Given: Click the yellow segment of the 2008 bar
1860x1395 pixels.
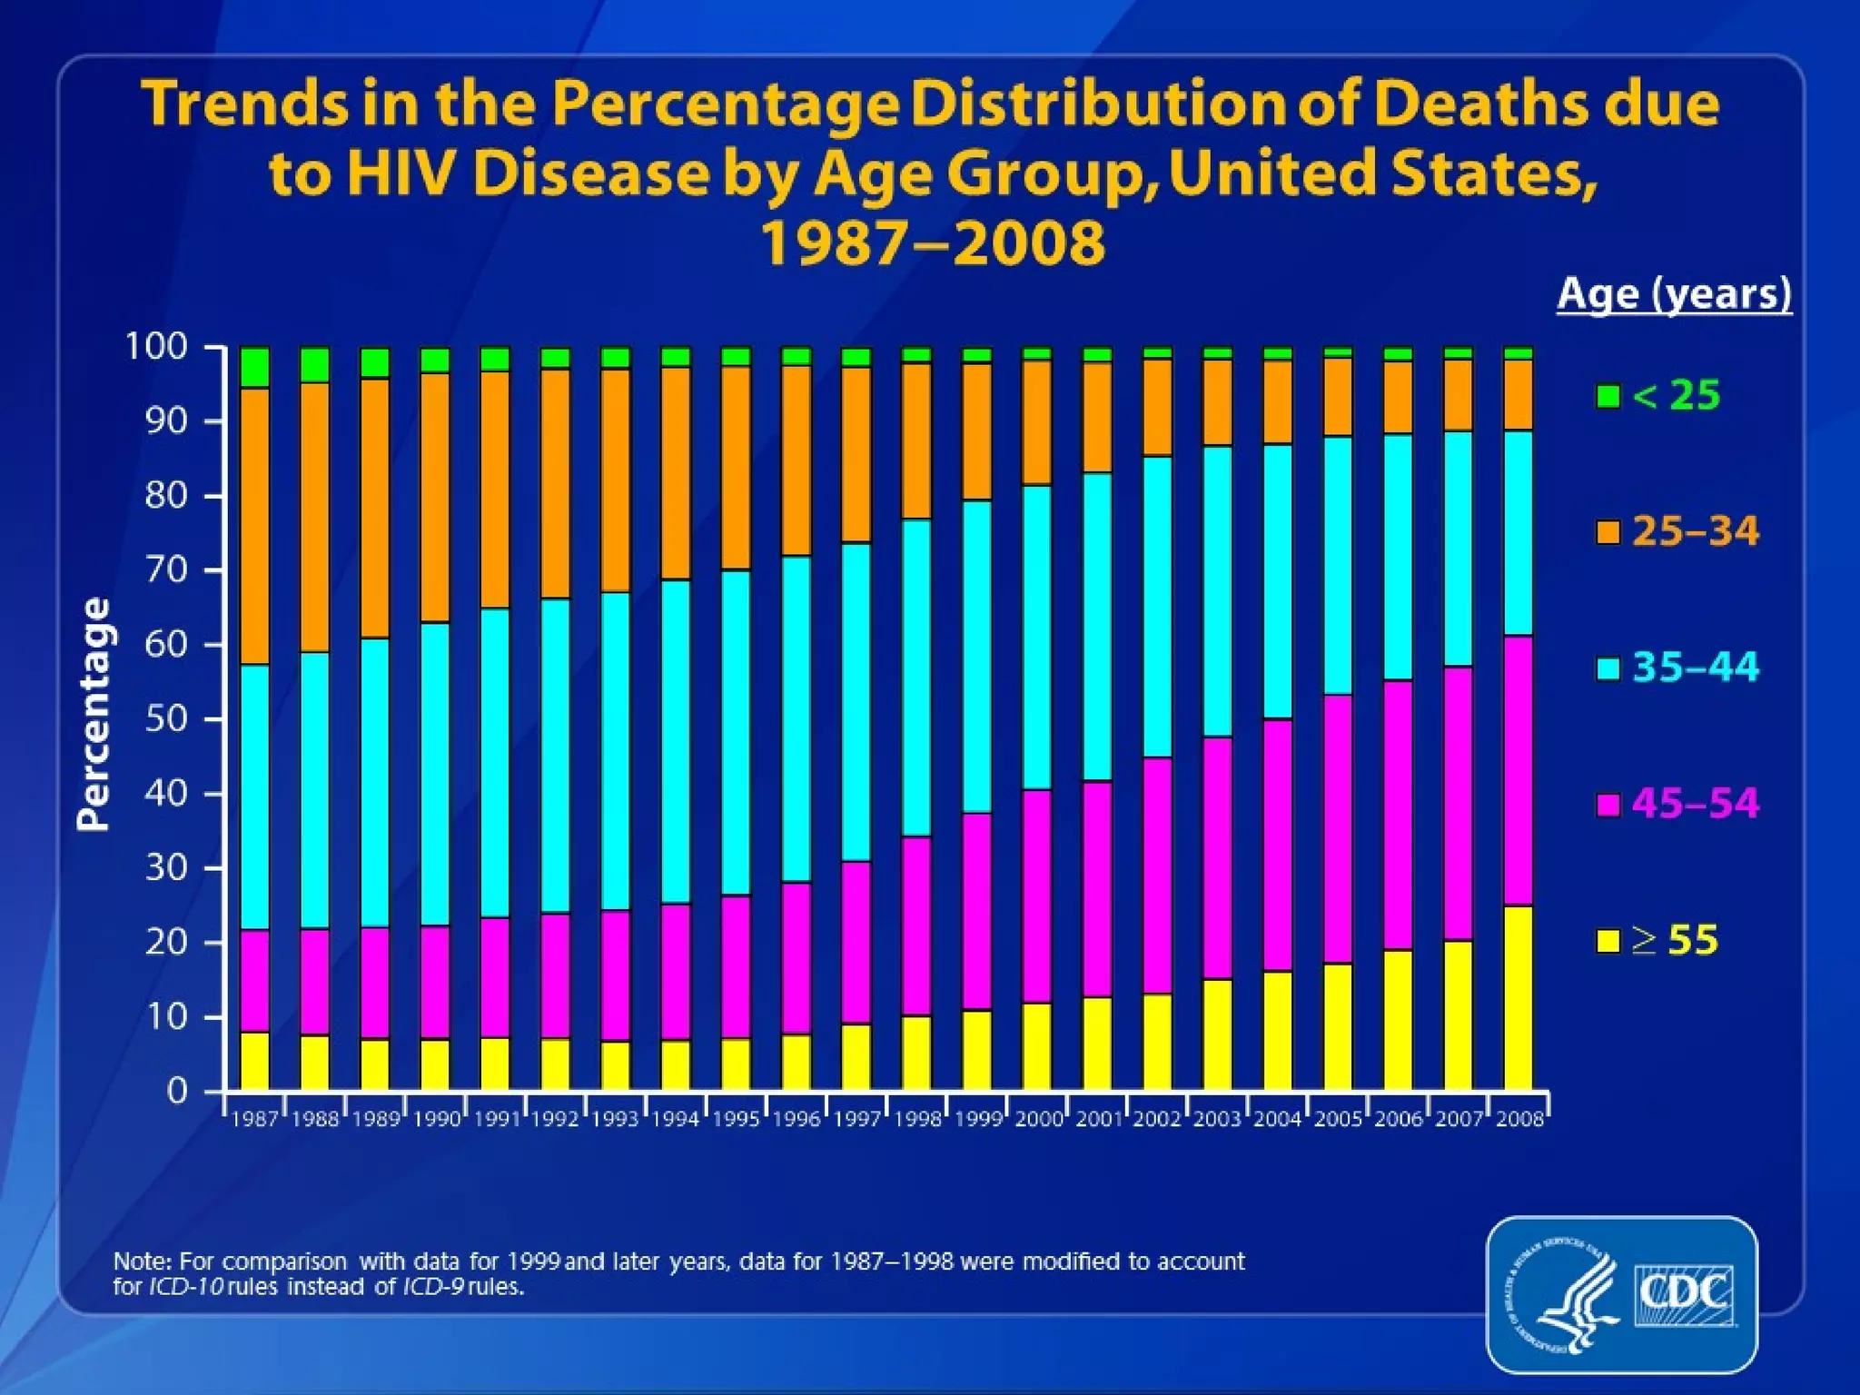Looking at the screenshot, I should (1519, 998).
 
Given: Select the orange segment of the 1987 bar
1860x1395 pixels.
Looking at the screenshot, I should (255, 526).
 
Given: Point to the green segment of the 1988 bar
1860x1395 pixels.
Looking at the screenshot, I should (315, 364).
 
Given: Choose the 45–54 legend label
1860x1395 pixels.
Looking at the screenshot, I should (1695, 804).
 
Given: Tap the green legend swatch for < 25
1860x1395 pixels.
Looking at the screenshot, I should (1608, 396).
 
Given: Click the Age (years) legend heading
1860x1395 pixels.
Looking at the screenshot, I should (1674, 293).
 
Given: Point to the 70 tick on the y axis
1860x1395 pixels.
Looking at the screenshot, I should (167, 570).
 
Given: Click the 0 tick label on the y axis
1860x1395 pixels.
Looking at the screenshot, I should (178, 1090).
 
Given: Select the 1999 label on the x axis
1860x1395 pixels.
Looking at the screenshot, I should (978, 1119).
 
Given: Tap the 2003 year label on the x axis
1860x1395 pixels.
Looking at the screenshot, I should (1217, 1119).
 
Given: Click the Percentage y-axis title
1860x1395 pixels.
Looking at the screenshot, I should (94, 714).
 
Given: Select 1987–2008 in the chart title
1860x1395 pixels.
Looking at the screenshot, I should (932, 242).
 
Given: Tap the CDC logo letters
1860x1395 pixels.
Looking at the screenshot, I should (1682, 1292).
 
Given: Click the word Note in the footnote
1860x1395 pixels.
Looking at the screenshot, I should (141, 1261).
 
